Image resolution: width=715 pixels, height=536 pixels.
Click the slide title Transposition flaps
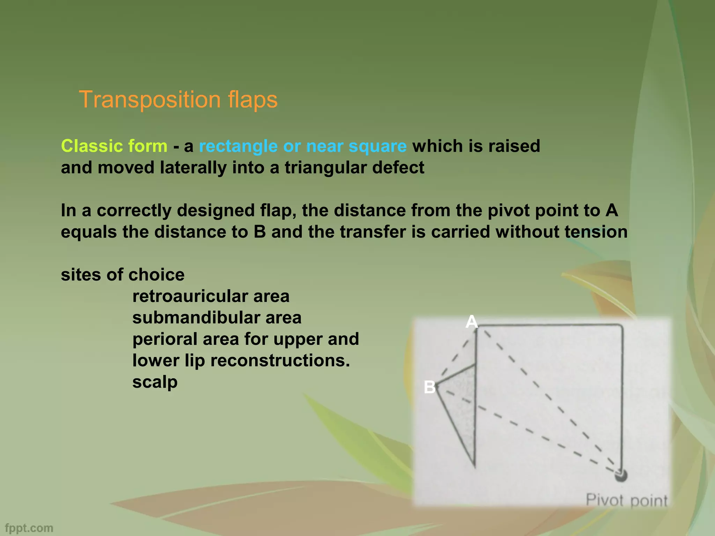178,99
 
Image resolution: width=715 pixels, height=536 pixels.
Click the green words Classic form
114,146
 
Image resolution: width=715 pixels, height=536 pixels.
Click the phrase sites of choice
123,275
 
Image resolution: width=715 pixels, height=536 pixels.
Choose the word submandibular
196,318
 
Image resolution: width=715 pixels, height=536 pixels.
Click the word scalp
155,382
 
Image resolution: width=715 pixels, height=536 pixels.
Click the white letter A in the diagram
471,322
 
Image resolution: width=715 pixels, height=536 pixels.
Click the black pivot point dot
621,475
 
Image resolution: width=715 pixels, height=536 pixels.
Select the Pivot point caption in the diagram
626,500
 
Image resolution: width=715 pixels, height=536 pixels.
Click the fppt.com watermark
29,528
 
